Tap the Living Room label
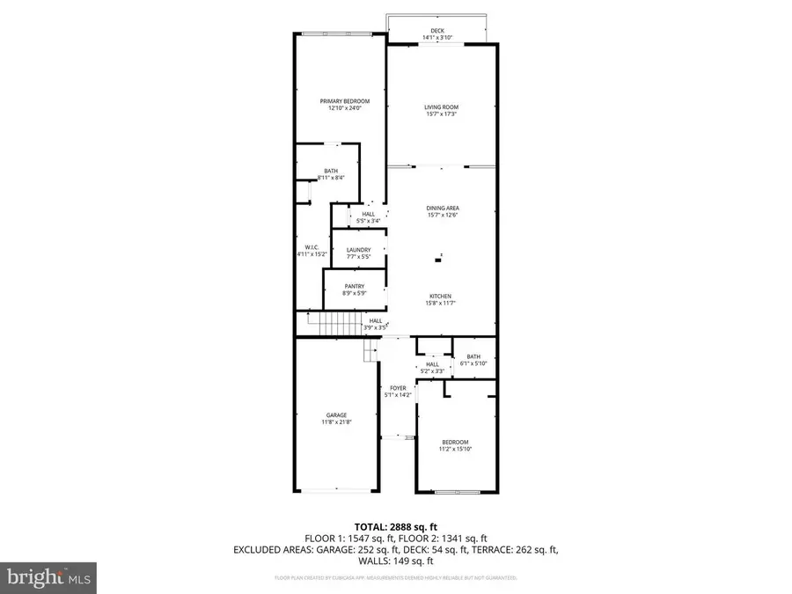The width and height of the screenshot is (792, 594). point(442,107)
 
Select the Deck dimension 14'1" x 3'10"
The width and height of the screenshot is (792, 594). point(437,38)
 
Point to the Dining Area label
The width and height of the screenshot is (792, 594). point(442,209)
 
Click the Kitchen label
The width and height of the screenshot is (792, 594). point(441,296)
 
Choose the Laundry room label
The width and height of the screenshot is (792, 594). point(358,250)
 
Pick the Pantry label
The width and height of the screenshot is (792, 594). point(355,286)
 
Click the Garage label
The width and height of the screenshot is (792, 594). point(337,415)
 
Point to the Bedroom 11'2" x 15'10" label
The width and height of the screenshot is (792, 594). point(455,442)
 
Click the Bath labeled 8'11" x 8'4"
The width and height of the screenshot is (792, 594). point(331,171)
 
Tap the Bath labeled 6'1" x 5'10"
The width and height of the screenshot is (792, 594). point(473,356)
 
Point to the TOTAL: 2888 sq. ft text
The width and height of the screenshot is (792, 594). point(395,527)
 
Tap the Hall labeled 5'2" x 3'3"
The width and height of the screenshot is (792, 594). point(432,364)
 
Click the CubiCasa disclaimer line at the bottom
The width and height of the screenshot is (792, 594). point(395,578)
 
